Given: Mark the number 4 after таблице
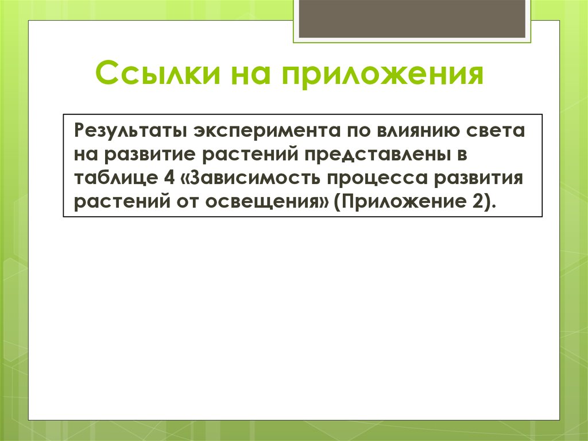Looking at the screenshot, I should (x=169, y=178).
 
